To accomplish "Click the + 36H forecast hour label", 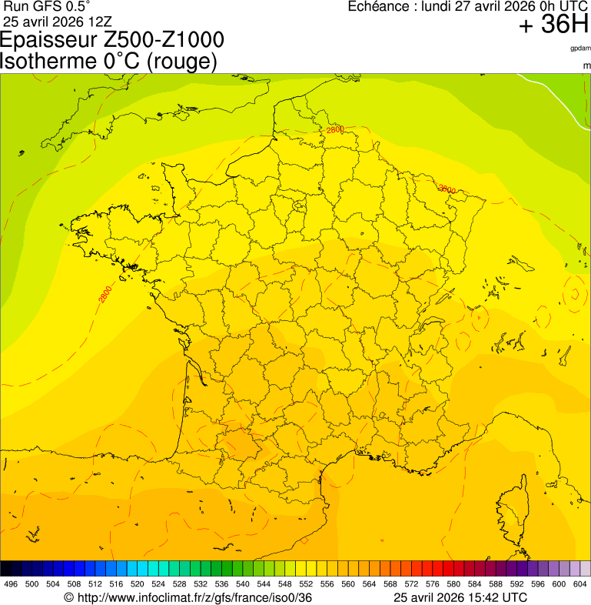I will tap(553, 25).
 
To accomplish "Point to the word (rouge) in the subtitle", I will tap(181, 62).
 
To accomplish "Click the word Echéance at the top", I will tap(377, 6).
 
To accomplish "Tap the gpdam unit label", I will tap(580, 48).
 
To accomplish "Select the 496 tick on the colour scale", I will tap(11, 584).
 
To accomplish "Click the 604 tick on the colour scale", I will tap(580, 584).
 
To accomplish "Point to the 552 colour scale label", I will tap(307, 584).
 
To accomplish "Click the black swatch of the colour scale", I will tap(6, 569).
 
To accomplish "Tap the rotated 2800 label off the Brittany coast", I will tap(105, 293).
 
